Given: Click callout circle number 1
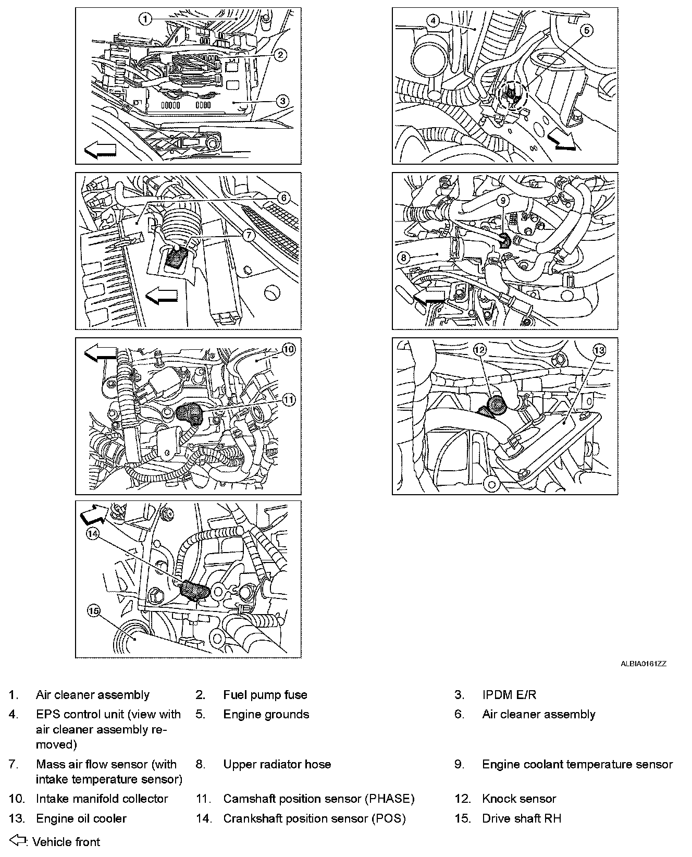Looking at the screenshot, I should coord(145,19).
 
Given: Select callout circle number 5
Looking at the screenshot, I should coord(586,31).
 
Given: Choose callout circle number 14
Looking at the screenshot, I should coord(92,533).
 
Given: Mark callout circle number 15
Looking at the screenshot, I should coord(94,612).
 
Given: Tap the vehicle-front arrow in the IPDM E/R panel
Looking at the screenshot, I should coord(100,151).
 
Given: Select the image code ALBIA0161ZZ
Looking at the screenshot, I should coord(644,664).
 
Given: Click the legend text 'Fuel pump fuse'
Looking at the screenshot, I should coord(265,695).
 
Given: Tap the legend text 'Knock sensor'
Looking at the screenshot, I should coord(519,799).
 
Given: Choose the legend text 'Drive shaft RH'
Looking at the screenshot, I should coord(522,818).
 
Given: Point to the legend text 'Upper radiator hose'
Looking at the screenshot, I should coord(277,764).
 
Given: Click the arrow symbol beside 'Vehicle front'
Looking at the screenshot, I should coord(18,840).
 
